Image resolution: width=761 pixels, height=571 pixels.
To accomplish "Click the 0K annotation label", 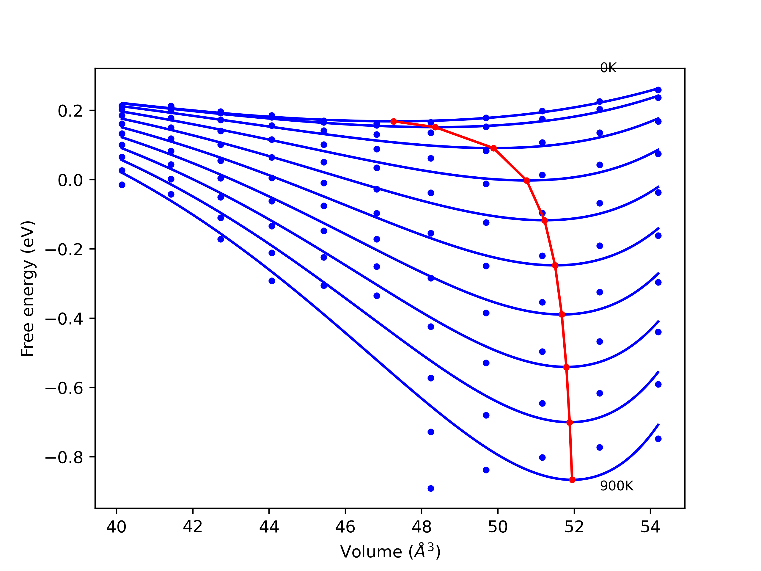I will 608,68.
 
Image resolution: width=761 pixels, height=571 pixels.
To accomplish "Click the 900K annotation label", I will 617,486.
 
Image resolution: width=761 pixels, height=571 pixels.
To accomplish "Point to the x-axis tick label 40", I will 116,527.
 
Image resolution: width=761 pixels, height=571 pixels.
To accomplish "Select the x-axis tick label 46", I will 345,527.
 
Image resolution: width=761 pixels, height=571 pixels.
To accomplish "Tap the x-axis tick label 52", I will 574,527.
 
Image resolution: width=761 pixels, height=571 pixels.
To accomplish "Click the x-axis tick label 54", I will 650,527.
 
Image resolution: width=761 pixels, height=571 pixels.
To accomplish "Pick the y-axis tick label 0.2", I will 70,111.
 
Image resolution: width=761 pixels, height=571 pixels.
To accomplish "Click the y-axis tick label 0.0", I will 70,180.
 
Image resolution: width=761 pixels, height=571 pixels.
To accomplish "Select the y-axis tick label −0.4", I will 64,319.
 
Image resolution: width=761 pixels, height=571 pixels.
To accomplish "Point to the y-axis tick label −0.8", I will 64,457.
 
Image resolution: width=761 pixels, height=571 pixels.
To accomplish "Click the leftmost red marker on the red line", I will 394,122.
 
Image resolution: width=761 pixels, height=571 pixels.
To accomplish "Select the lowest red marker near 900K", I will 572,480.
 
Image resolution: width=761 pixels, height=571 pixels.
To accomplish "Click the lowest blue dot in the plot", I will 431,488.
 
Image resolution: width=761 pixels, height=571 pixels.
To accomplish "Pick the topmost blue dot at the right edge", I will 658,90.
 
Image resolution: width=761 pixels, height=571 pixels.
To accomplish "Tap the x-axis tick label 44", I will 269,527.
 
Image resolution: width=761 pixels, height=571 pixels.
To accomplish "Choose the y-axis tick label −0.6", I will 64,388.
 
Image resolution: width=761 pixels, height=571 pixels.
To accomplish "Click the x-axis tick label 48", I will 422,527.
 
